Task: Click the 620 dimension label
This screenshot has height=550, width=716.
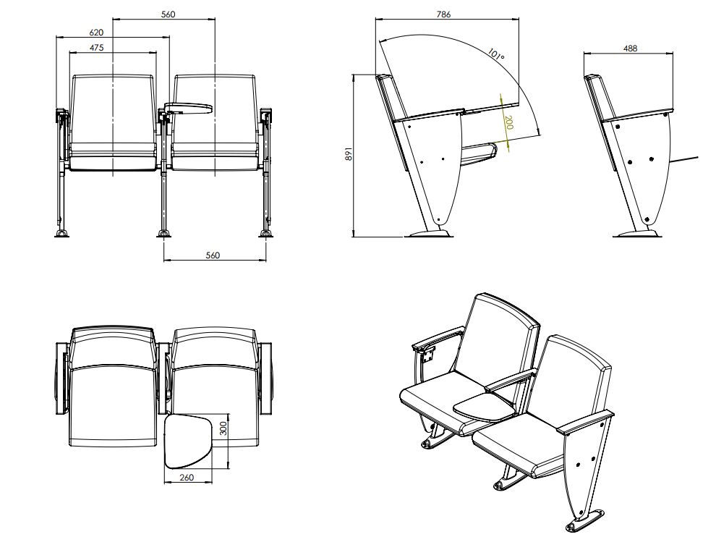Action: (96, 33)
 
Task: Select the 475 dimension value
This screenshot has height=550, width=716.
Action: (96, 47)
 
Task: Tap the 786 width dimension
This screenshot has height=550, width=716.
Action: (443, 14)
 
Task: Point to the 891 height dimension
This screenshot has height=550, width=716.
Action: (348, 154)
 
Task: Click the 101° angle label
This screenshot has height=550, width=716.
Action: (496, 55)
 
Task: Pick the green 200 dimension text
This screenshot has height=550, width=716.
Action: (508, 122)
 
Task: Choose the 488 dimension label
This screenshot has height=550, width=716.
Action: (630, 48)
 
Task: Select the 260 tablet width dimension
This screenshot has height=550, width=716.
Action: (187, 478)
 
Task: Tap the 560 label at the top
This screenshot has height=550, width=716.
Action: (168, 14)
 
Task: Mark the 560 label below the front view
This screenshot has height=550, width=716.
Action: (213, 255)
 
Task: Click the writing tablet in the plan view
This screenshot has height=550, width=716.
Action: (189, 441)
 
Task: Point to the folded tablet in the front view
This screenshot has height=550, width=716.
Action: (188, 108)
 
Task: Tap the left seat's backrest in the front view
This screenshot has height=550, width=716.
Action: (113, 109)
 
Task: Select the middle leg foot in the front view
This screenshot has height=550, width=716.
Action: (164, 234)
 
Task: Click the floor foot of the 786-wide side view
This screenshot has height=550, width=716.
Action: (430, 234)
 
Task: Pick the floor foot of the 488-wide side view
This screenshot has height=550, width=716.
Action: (636, 234)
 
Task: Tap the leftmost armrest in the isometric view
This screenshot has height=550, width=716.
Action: (438, 338)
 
